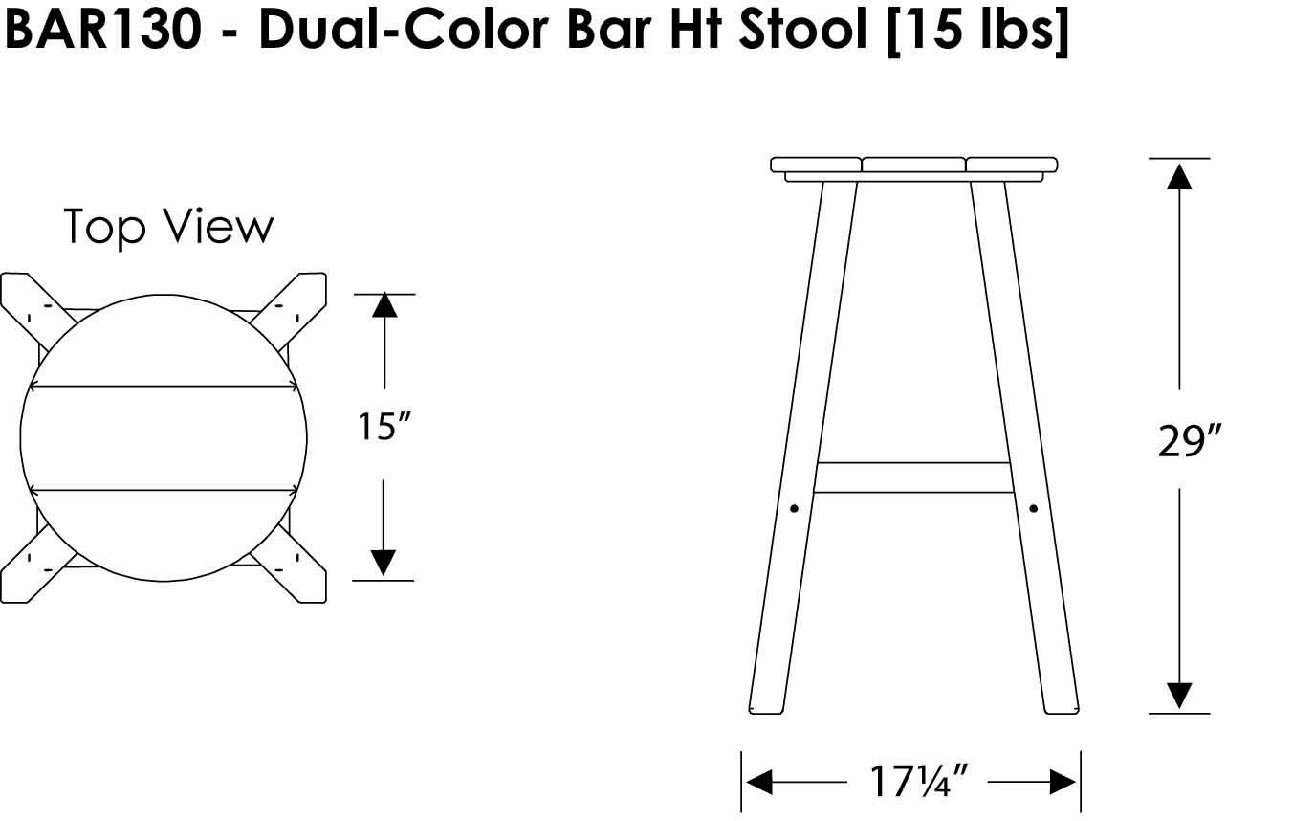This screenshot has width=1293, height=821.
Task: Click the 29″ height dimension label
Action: pyautogui.click(x=1189, y=441)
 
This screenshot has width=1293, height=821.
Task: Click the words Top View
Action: pyautogui.click(x=169, y=228)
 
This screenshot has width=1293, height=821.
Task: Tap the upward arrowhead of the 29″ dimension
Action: pyautogui.click(x=1179, y=177)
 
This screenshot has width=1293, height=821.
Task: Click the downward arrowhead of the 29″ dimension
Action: pyautogui.click(x=1179, y=696)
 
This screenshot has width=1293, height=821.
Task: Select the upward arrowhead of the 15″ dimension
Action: pyautogui.click(x=384, y=305)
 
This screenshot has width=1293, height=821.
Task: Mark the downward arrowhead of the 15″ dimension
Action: pyautogui.click(x=384, y=564)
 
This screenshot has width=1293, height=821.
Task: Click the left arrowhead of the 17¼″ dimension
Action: pyautogui.click(x=758, y=783)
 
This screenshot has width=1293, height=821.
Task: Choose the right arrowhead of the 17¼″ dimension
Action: pyautogui.click(x=1063, y=783)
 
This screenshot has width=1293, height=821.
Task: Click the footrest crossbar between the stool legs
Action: pyautogui.click(x=913, y=477)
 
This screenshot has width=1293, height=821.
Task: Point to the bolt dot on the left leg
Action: pyautogui.click(x=794, y=509)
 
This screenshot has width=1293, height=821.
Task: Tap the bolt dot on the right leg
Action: pyautogui.click(x=1033, y=509)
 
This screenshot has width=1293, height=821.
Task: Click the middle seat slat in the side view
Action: pyautogui.click(x=913, y=165)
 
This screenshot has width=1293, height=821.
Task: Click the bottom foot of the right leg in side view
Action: pyautogui.click(x=1061, y=705)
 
